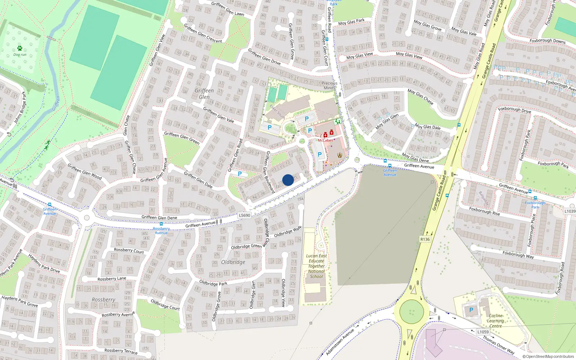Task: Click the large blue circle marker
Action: pyautogui.click(x=288, y=180)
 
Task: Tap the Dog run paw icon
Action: pyautogui.click(x=19, y=48)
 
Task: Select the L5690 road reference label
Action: pyautogui.click(x=244, y=215)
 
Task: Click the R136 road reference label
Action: pyautogui.click(x=425, y=239)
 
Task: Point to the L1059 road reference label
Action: pyautogui.click(x=483, y=332)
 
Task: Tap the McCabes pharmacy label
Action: pyautogui.click(x=325, y=140)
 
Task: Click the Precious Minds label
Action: pyautogui.click(x=329, y=85)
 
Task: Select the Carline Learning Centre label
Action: pyautogui.click(x=495, y=321)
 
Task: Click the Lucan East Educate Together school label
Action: pyautogui.click(x=316, y=266)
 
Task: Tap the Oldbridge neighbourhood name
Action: pyautogui.click(x=233, y=262)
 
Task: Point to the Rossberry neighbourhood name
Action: pyautogui.click(x=103, y=300)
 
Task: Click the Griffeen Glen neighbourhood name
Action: pyautogui.click(x=204, y=94)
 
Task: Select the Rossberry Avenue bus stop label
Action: pyautogui.click(x=161, y=230)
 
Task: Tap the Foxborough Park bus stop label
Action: pyautogui.click(x=535, y=205)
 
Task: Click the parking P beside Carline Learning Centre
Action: pyautogui.click(x=471, y=310)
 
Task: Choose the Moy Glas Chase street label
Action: pyautogui.click(x=420, y=96)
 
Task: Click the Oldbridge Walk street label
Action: pyautogui.click(x=287, y=232)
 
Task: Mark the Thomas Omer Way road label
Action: pyautogui.click(x=498, y=345)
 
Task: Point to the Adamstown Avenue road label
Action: pyautogui.click(x=340, y=342)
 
